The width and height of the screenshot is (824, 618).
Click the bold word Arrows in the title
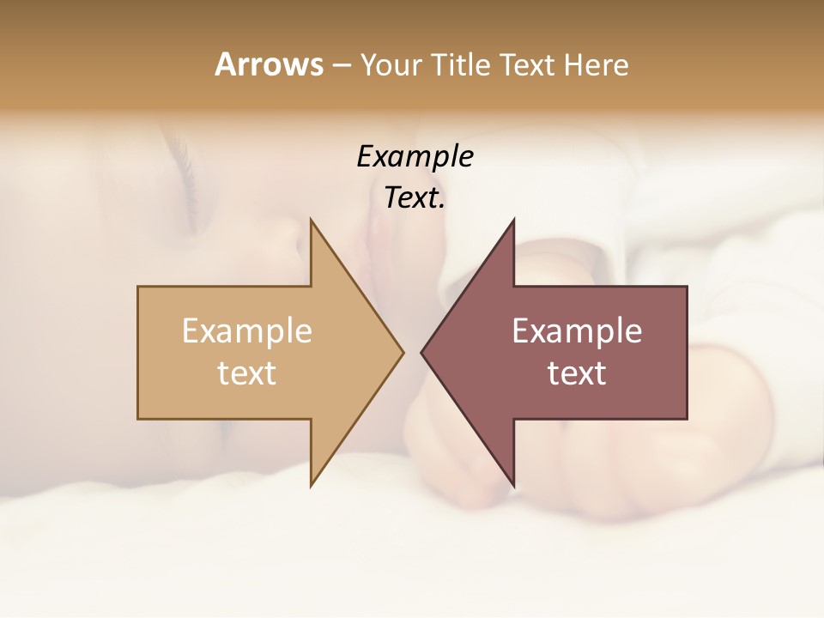pyautogui.click(x=268, y=64)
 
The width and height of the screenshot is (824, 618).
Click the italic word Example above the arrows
pyautogui.click(x=415, y=156)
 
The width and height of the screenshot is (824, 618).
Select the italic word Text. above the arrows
pyautogui.click(x=415, y=197)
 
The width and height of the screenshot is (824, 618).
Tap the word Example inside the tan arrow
pyautogui.click(x=246, y=330)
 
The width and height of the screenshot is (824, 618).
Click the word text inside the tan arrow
pyautogui.click(x=246, y=373)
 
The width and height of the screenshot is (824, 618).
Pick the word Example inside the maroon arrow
pyautogui.click(x=577, y=330)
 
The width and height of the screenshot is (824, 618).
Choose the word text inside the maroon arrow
pyautogui.click(x=577, y=373)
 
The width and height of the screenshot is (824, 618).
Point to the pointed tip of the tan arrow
pyautogui.click(x=402, y=352)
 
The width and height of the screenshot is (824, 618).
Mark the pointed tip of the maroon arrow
pyautogui.click(x=422, y=352)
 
